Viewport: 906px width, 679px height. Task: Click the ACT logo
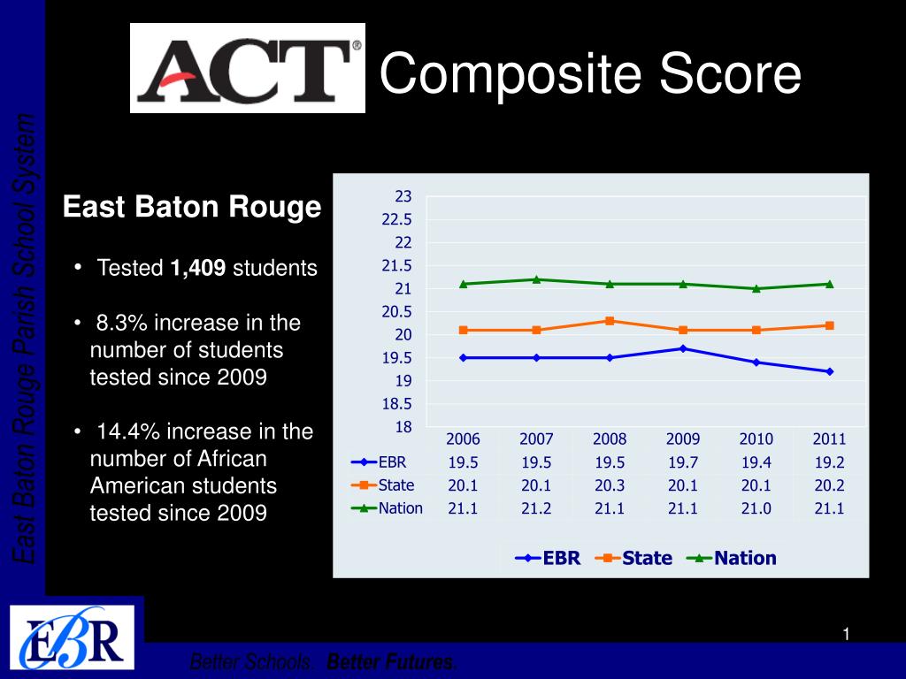click(248, 68)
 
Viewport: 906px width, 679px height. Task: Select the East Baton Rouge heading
click(192, 208)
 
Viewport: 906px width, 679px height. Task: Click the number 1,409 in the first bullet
click(199, 268)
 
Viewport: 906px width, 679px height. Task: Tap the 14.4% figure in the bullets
click(129, 431)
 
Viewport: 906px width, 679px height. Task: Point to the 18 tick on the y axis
click(403, 427)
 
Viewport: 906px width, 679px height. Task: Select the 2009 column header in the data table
click(682, 439)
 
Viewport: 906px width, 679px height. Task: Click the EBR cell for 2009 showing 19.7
click(682, 462)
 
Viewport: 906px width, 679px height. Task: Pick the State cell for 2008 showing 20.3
click(609, 484)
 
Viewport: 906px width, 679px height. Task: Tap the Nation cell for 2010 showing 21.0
click(756, 508)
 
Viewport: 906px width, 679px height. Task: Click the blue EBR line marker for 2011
click(829, 371)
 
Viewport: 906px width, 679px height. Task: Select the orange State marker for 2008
click(610, 321)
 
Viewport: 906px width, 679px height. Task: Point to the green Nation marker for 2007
click(536, 279)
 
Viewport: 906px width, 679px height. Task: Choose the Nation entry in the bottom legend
click(733, 558)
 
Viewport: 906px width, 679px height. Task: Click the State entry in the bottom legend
click(634, 558)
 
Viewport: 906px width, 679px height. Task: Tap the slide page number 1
click(846, 633)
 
